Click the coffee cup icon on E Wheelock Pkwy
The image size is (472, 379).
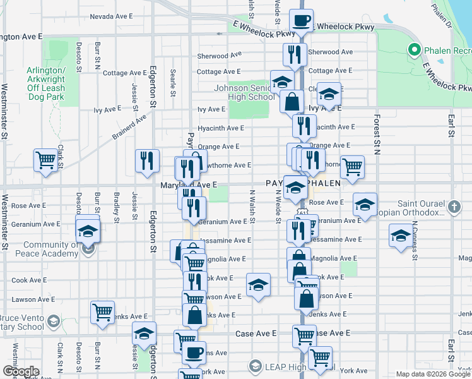click(302, 20)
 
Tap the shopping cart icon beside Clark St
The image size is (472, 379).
click(45, 160)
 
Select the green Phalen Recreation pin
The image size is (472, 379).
click(415, 49)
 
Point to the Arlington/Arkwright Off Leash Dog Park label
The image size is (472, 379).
click(46, 83)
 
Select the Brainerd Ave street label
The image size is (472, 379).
click(129, 126)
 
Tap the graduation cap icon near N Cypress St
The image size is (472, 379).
click(399, 236)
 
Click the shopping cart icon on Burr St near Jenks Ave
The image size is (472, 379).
click(102, 311)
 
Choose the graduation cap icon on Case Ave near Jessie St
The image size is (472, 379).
click(145, 333)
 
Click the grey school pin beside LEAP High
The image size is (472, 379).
click(256, 366)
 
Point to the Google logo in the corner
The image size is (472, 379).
click(20, 371)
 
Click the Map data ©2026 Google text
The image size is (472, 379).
click(433, 374)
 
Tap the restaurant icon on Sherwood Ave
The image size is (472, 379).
click(295, 55)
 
